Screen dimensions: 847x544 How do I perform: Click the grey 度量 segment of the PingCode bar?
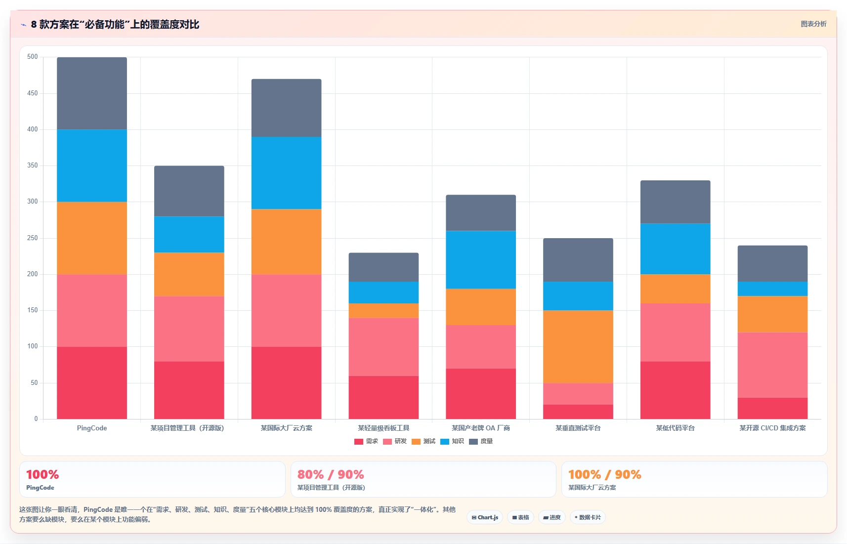[92, 93]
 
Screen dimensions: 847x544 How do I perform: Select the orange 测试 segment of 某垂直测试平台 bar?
[578, 347]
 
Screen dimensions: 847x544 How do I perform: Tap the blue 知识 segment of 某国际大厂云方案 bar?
[286, 173]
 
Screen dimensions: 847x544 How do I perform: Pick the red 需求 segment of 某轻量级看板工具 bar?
[383, 397]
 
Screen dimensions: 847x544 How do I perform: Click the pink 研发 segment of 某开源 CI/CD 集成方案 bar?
[772, 365]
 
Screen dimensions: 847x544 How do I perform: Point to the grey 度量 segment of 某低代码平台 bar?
[676, 202]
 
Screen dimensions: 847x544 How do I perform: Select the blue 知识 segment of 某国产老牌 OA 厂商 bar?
[481, 260]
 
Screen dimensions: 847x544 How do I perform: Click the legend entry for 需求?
[366, 441]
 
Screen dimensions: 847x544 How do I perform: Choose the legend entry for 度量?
[481, 441]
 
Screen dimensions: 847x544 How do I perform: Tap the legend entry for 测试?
[423, 441]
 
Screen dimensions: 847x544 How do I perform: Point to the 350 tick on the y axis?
[33, 165]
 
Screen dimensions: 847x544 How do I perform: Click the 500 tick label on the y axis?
[33, 57]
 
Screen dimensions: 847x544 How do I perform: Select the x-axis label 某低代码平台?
[676, 428]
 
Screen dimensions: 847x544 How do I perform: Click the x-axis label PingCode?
[92, 428]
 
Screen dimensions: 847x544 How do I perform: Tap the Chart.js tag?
[485, 517]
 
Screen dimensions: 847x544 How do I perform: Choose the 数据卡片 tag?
[588, 517]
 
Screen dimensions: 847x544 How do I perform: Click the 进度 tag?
[551, 517]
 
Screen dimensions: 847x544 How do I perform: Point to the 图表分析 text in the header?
[813, 24]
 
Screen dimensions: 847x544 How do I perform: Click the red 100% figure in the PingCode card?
[42, 474]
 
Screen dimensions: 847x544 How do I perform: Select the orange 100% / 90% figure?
[605, 474]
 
